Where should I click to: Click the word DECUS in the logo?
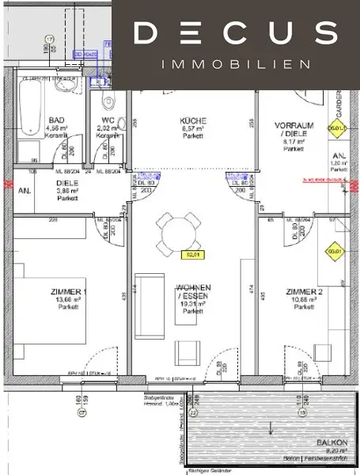[x=235, y=33]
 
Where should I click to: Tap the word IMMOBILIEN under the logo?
[x=235, y=64]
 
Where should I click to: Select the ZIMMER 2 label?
[x=303, y=292]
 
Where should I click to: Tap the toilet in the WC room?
[x=108, y=100]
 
